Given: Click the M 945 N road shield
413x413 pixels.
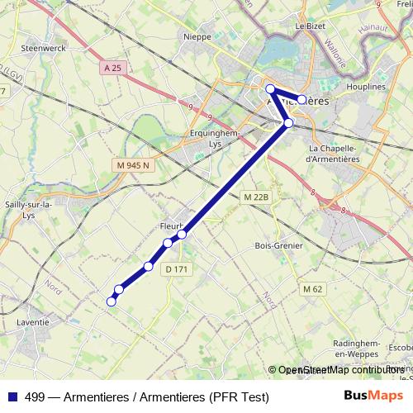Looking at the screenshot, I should pos(131,166).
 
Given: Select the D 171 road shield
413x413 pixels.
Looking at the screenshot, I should pos(176,268).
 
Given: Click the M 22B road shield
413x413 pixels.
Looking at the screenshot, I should pos(257,197).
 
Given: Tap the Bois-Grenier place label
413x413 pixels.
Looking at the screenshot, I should pos(279,245).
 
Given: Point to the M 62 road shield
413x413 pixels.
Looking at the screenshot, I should pos(312,288).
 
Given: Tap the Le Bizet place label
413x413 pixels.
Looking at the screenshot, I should pos(311,26).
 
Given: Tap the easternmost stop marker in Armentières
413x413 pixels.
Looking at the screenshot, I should pos(302,99).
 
